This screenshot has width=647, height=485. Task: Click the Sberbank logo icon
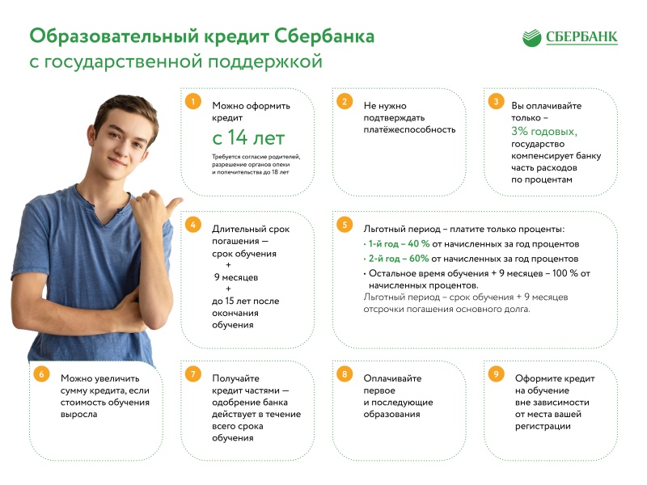531,38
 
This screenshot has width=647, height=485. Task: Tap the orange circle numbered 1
192,101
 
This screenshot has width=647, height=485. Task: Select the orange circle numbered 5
345,225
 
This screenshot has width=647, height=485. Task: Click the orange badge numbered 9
496,374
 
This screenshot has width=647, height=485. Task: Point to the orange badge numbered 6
41,374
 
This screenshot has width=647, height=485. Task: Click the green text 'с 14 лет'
248,137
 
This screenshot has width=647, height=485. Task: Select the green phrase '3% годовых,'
544,132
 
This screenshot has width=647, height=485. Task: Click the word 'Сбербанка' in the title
324,36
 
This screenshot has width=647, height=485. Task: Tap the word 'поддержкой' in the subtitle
265,62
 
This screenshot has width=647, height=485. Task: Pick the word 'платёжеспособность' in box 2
409,129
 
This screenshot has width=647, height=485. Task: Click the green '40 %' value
419,244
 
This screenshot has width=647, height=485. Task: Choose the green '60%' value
419,259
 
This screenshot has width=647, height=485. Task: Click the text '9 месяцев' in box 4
236,277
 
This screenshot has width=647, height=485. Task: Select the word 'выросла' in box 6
78,414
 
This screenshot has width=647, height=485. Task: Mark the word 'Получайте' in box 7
235,378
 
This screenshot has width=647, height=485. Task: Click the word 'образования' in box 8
391,414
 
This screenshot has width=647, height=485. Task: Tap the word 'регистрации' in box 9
543,427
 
